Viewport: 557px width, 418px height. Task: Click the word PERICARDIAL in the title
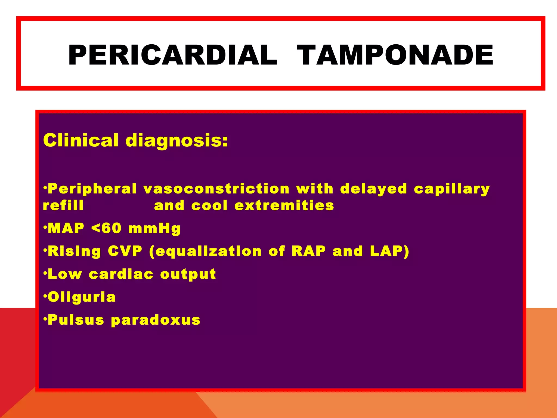coord(172,55)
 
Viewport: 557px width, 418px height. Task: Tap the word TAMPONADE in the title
coord(395,55)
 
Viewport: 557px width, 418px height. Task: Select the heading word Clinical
coord(81,140)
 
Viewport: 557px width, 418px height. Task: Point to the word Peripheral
coord(92,189)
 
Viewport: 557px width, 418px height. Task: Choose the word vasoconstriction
coord(216,189)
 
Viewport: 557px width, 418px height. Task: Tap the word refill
coord(63,205)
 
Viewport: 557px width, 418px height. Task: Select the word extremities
coord(284,205)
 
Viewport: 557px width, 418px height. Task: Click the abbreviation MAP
coord(66,228)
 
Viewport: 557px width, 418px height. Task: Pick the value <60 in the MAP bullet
coord(106,228)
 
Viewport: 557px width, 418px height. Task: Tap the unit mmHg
coord(154,229)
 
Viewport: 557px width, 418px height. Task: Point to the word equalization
coord(209,251)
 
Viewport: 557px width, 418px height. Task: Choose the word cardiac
coord(121,274)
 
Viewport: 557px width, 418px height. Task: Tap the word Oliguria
coord(82,297)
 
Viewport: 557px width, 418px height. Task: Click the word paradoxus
coord(156,320)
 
